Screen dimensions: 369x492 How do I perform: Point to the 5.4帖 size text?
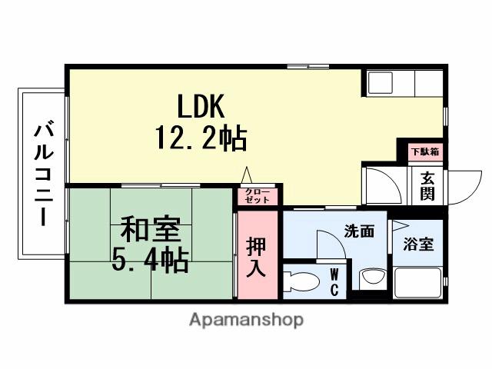click(x=150, y=261)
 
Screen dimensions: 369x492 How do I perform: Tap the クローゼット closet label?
click(x=257, y=195)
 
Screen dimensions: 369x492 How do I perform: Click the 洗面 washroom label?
click(x=359, y=230)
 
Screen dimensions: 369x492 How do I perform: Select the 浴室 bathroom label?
click(x=419, y=244)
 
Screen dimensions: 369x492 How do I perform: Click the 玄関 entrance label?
click(x=427, y=184)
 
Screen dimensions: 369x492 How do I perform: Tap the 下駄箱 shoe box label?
click(x=424, y=152)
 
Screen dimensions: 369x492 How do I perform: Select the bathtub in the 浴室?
click(x=419, y=283)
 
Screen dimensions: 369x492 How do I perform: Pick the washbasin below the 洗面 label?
click(x=372, y=278)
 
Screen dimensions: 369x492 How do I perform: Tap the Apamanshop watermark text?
click(x=246, y=319)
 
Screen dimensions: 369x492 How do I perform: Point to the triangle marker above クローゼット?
click(x=247, y=175)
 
